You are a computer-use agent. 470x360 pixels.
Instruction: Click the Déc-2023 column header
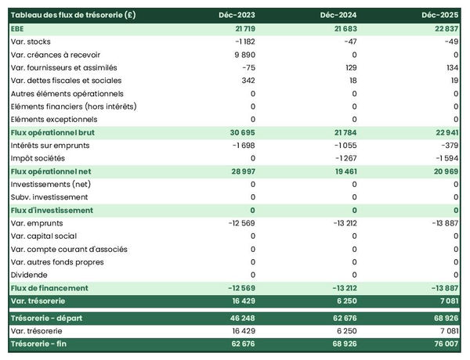tap(238, 15)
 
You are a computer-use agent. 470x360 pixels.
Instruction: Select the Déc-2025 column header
tap(440, 15)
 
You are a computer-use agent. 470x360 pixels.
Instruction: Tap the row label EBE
tap(17, 28)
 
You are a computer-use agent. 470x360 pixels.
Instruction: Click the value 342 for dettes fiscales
tap(248, 81)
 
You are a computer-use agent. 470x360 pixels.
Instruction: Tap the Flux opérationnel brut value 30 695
tap(239, 132)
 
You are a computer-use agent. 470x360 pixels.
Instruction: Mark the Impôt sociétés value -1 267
tap(345, 158)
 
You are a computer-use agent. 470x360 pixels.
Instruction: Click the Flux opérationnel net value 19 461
tap(343, 171)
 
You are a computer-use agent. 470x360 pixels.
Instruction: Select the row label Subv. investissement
tap(49, 197)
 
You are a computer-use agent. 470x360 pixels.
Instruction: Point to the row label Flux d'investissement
tap(52, 210)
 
